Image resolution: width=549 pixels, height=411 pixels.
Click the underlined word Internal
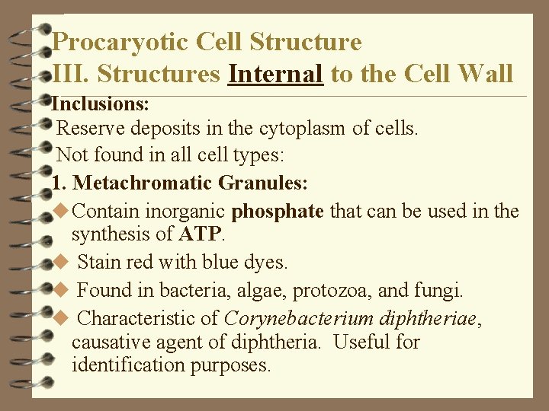pos(276,73)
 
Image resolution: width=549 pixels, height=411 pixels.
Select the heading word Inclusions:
pos(99,102)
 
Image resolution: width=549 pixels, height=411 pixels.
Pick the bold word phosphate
pos(278,211)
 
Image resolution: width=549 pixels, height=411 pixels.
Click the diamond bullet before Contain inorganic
pos(63,210)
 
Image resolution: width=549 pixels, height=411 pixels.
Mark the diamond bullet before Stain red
pos(63,263)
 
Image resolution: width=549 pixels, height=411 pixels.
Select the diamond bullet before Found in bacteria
pos(63,290)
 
